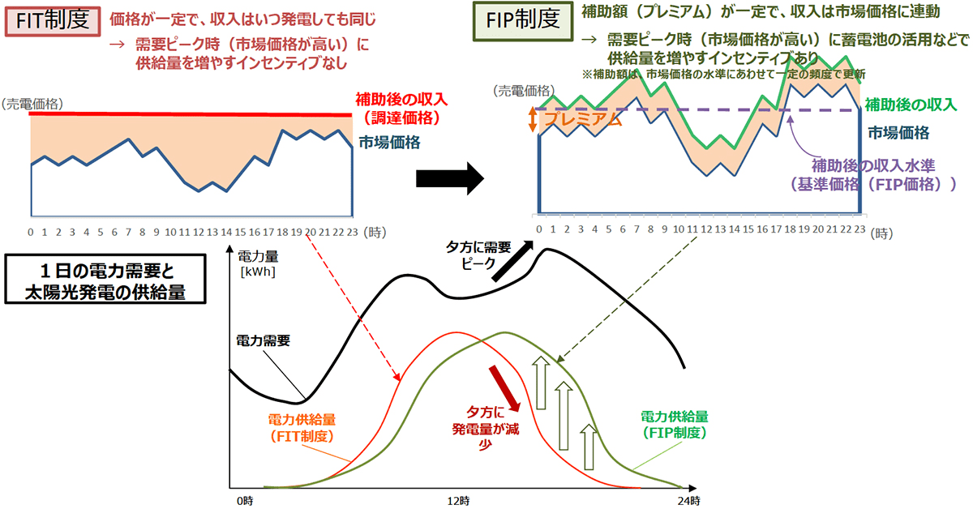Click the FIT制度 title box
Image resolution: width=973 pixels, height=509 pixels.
point(52,19)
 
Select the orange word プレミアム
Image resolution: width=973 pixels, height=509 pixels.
point(583,120)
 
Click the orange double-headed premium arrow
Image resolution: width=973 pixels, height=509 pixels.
point(533,119)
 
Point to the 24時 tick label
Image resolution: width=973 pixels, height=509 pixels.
point(688,500)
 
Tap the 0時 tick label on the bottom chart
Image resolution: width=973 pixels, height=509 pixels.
point(244,500)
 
